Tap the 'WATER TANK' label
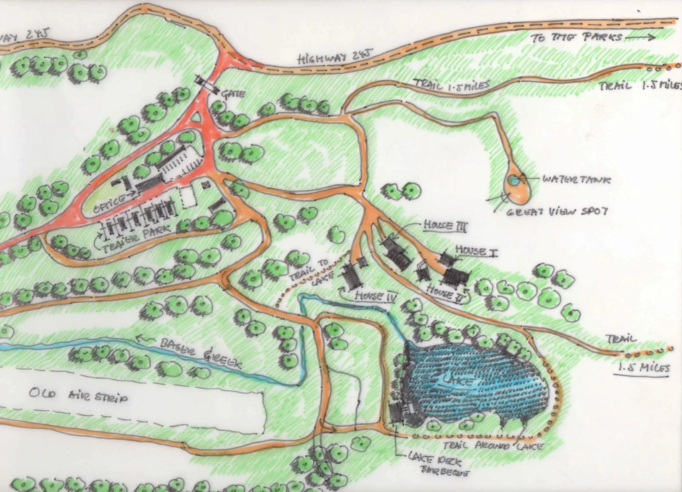click(x=577, y=180)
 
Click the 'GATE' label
click(x=233, y=94)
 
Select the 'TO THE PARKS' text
click(x=576, y=38)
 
